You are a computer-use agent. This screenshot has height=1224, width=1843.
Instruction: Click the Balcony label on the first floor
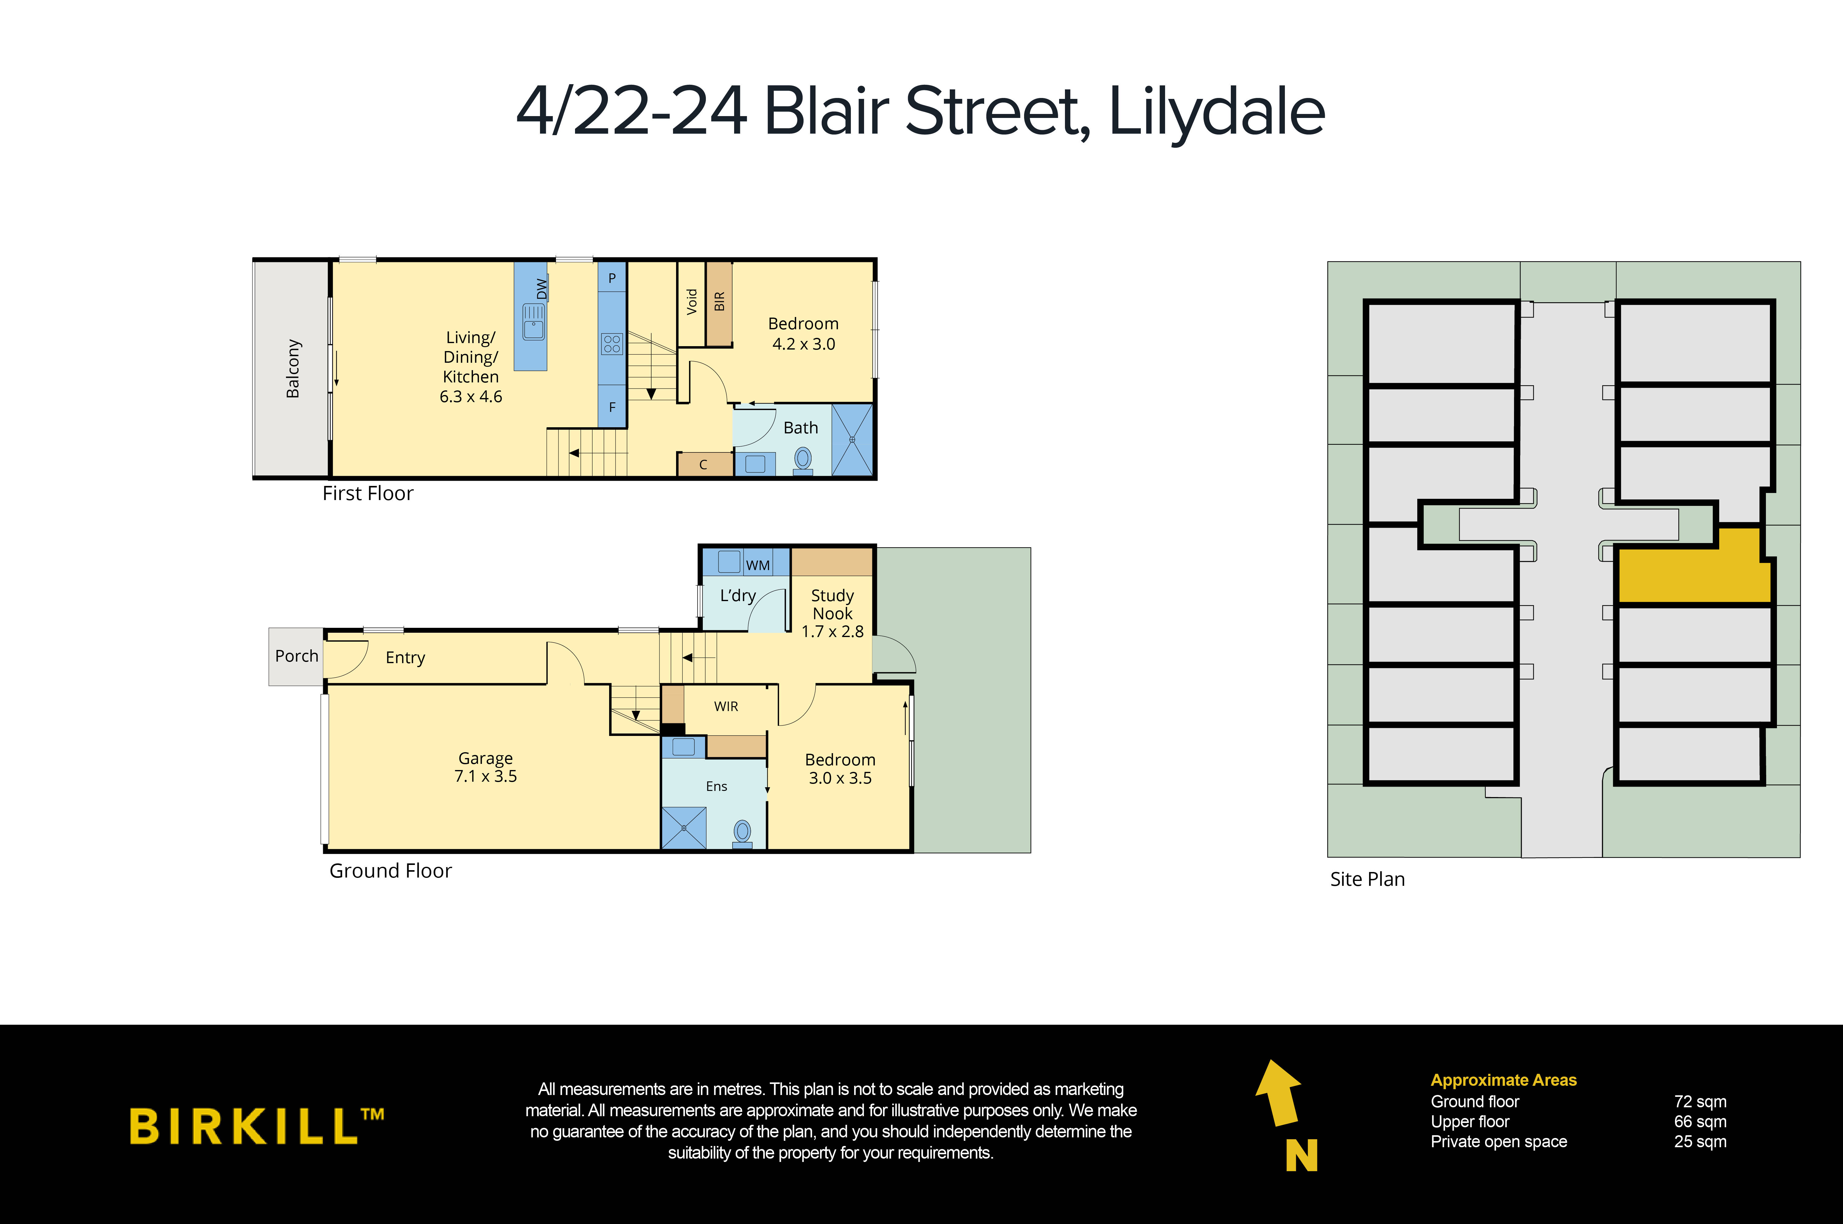pyautogui.click(x=293, y=369)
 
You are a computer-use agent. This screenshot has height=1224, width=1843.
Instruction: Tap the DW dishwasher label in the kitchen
pyautogui.click(x=542, y=289)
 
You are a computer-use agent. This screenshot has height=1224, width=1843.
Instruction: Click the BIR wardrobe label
pyautogui.click(x=719, y=301)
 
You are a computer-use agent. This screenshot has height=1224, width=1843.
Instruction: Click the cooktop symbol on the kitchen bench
pyautogui.click(x=612, y=343)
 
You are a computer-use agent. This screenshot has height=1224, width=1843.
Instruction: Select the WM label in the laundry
pyautogui.click(x=757, y=565)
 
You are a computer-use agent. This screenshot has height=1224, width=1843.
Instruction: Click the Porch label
pyautogui.click(x=297, y=656)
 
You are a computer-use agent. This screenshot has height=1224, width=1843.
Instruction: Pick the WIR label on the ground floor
pyautogui.click(x=726, y=706)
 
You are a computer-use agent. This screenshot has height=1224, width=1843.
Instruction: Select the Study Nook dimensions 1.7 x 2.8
pyautogui.click(x=832, y=632)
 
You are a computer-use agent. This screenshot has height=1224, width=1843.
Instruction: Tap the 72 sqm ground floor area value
pyautogui.click(x=1700, y=1101)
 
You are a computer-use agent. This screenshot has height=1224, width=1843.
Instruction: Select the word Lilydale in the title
pyautogui.click(x=1216, y=111)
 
